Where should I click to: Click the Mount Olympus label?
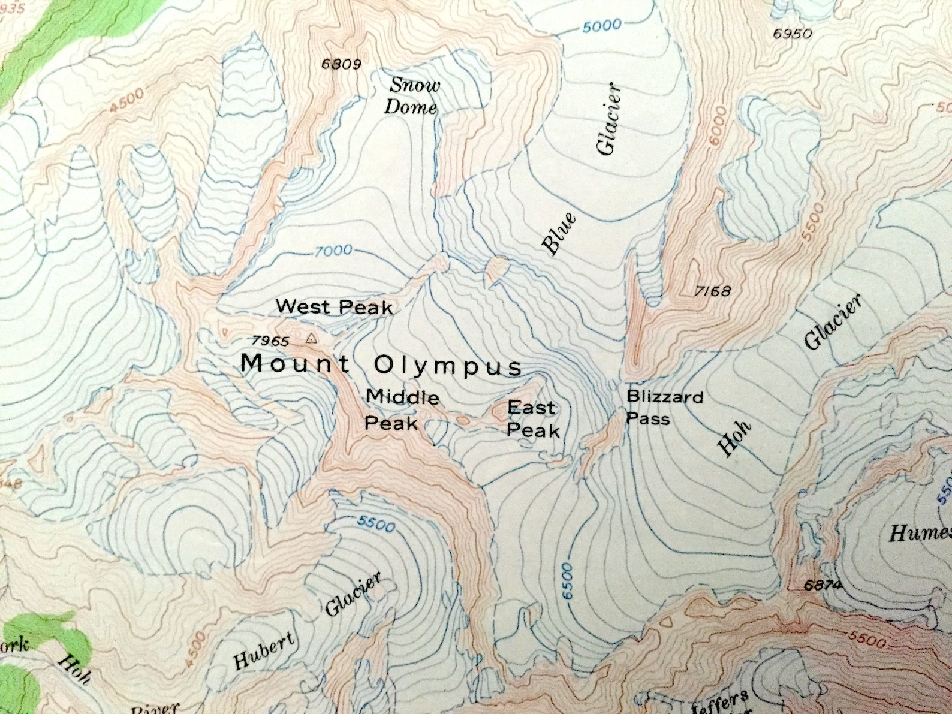(x=381, y=364)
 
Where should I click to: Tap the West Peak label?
(x=335, y=307)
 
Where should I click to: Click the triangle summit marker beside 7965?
(x=311, y=339)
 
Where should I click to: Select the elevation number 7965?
(x=270, y=341)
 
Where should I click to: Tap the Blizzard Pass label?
(x=664, y=407)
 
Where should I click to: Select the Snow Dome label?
(x=413, y=97)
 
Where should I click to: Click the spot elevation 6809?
(x=341, y=64)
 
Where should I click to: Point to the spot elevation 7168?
(x=713, y=291)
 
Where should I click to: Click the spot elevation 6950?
(x=792, y=34)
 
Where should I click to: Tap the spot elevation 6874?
(x=823, y=585)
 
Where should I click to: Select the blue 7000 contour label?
(x=333, y=251)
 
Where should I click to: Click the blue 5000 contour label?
(x=601, y=26)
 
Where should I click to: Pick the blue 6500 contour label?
(x=568, y=580)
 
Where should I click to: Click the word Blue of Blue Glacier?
(x=559, y=234)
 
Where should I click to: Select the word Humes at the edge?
(x=920, y=532)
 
